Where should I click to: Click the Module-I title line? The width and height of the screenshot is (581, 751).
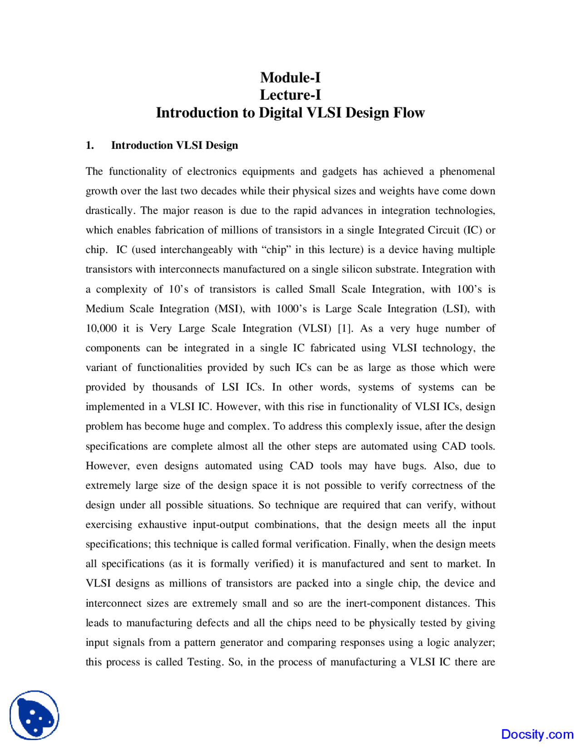(290, 78)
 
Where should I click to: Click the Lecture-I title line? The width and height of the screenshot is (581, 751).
(290, 95)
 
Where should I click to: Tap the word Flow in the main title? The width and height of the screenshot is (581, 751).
(409, 112)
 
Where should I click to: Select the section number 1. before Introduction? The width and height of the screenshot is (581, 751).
(90, 145)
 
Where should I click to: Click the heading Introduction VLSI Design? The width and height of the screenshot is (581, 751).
(174, 145)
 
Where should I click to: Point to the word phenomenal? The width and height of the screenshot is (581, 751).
(467, 171)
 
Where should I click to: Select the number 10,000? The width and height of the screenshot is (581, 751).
(101, 328)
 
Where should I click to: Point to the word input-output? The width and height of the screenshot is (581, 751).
(221, 525)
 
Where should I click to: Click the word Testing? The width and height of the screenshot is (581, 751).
(205, 662)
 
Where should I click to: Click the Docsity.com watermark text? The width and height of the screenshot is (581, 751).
(537, 734)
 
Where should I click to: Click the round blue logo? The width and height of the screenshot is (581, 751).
(34, 715)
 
